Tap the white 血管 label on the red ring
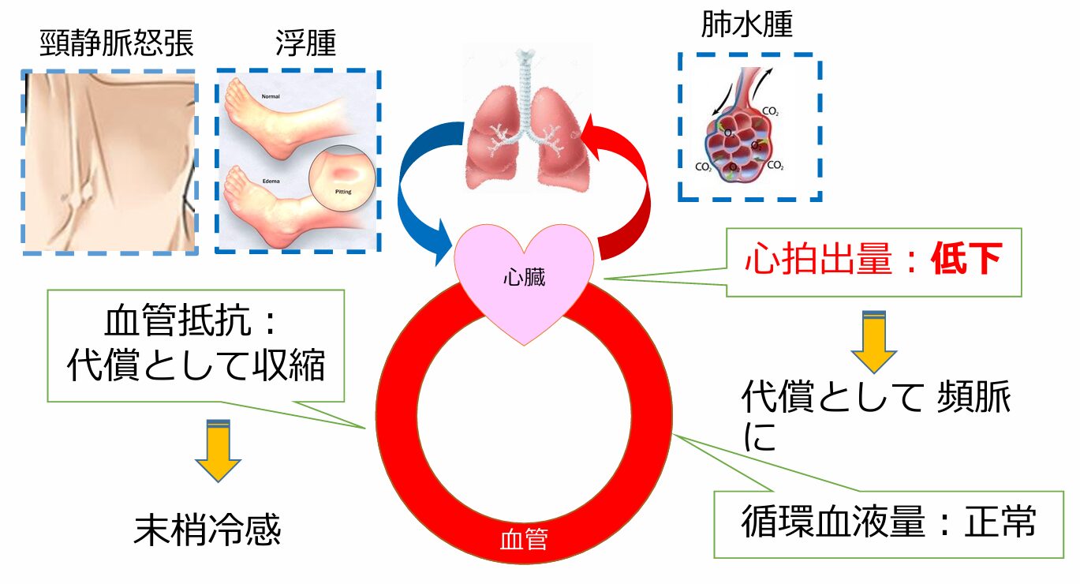[524, 541]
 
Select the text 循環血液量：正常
[888, 522]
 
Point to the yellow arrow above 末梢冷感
[218, 451]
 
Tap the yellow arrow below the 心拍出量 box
[874, 343]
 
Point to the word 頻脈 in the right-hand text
[972, 400]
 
